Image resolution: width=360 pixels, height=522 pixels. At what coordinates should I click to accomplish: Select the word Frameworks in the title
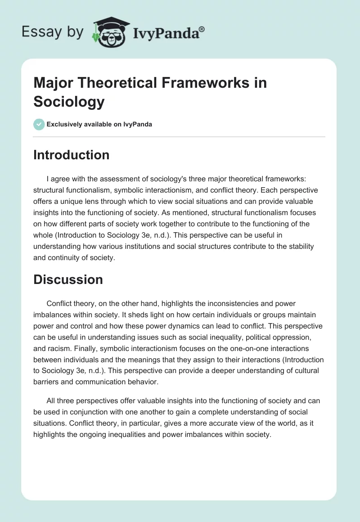click(x=211, y=83)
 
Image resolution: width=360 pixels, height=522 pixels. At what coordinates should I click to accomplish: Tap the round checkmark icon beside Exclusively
click(x=39, y=124)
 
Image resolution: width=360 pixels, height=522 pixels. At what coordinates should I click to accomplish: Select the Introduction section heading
click(x=72, y=155)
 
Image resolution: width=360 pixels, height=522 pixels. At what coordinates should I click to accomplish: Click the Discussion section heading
click(x=68, y=279)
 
